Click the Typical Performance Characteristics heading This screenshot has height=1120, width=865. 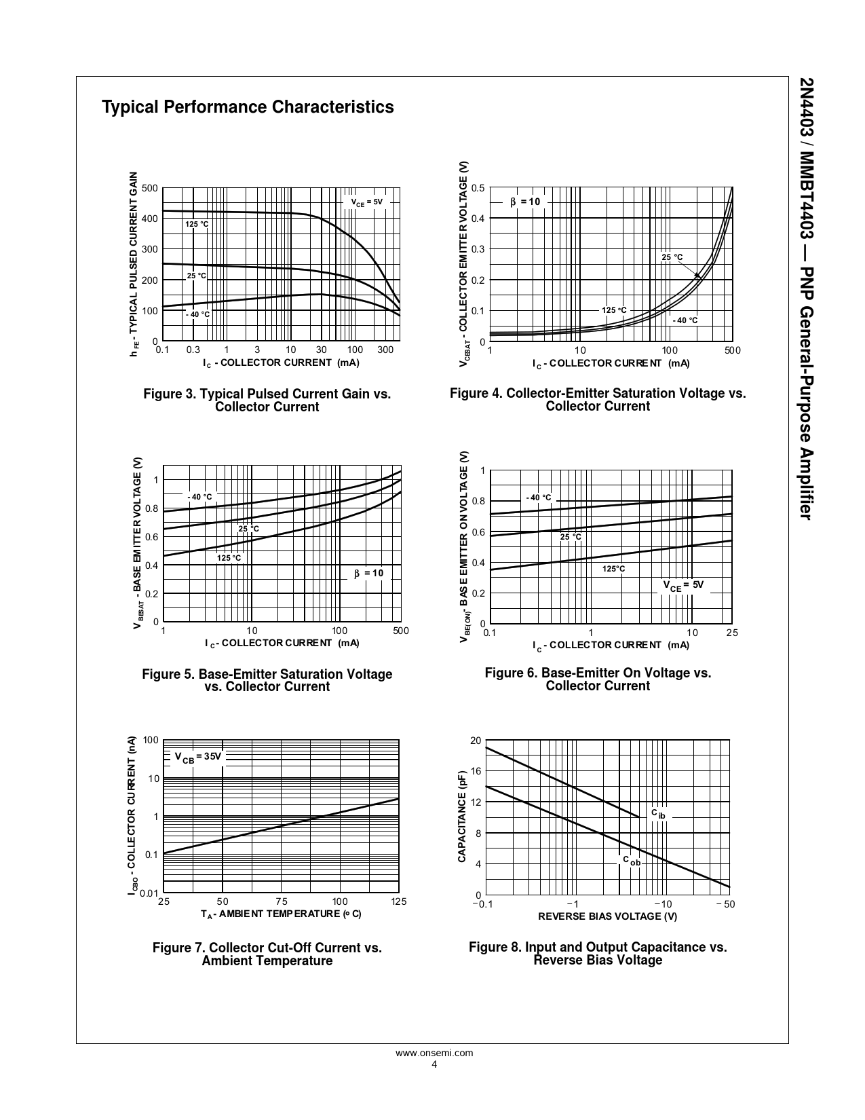(x=248, y=107)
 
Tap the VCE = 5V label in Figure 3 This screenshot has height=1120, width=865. (x=367, y=202)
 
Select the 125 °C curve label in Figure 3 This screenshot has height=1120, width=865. (x=197, y=224)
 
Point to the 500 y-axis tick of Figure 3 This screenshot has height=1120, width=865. (x=150, y=188)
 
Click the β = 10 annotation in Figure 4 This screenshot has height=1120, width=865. (x=525, y=202)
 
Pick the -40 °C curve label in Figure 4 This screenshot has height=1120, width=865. (x=685, y=320)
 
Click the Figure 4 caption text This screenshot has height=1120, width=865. (x=598, y=400)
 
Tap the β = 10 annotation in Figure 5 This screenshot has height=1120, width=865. (x=368, y=574)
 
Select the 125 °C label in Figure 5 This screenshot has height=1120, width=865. (x=229, y=558)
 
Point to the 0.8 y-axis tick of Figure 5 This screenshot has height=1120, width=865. (x=152, y=508)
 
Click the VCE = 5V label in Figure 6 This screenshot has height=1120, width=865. (x=683, y=585)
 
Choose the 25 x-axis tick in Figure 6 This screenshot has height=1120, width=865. (x=732, y=633)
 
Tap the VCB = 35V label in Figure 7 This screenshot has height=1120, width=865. (x=198, y=757)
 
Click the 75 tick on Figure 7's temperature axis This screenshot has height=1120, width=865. (x=282, y=901)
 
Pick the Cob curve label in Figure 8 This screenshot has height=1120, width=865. (x=631, y=861)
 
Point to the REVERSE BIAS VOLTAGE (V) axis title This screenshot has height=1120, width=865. (x=607, y=916)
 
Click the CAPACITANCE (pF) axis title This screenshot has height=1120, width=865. (x=462, y=817)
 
